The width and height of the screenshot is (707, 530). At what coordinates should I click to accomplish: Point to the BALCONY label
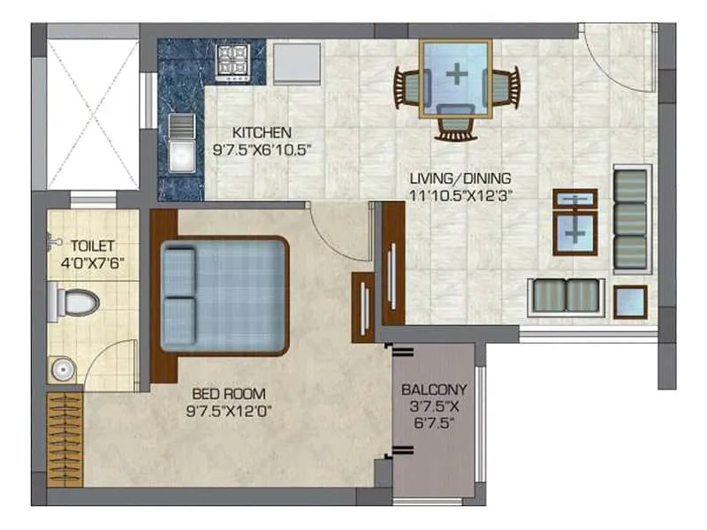[434, 388]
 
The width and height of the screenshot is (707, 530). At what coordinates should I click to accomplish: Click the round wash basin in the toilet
[60, 367]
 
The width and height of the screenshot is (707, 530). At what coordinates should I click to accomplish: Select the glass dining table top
[456, 77]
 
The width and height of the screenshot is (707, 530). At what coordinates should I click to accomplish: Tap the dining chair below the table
[456, 124]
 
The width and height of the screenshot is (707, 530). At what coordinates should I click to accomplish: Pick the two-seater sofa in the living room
[566, 295]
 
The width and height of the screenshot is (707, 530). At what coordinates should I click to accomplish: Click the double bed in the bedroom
[224, 295]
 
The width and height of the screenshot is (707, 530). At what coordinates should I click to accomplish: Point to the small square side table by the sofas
[630, 301]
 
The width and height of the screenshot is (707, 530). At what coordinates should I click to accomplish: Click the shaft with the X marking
[93, 115]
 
